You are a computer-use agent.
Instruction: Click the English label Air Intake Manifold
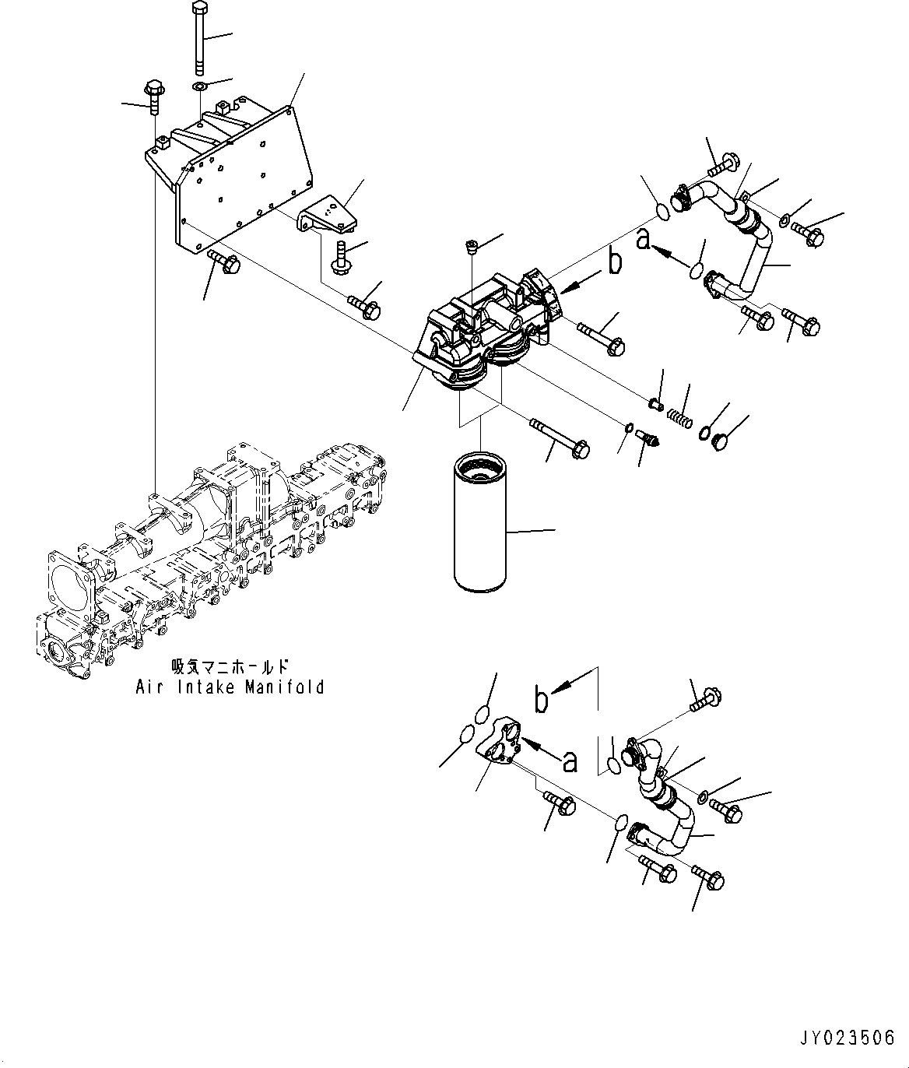(230, 687)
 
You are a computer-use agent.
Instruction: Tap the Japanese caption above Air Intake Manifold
(230, 667)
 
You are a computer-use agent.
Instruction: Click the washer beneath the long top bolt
(198, 85)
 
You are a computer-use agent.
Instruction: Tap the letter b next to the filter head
(615, 263)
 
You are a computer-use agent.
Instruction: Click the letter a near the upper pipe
(643, 241)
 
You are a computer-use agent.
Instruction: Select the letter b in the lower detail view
(542, 698)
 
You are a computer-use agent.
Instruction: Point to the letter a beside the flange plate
(570, 761)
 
